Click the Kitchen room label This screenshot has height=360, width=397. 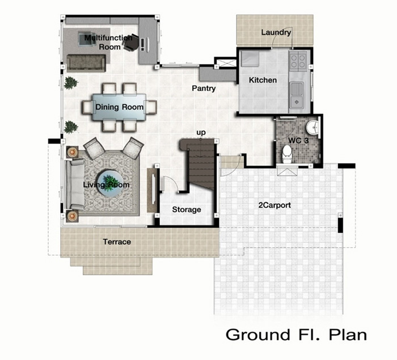tap(263, 81)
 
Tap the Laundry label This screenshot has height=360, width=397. tap(276, 33)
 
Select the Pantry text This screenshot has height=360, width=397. tap(204, 88)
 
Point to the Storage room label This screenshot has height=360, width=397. tap(187, 210)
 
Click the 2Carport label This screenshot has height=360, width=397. tap(274, 205)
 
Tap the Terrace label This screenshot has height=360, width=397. tap(117, 242)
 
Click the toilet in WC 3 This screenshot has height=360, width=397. tap(287, 154)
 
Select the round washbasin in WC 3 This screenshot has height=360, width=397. tap(313, 127)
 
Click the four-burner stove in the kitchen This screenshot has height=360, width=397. tap(298, 61)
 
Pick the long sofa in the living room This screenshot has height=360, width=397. tap(75, 184)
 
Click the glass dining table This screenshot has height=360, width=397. tap(119, 107)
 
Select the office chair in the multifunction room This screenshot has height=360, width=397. tap(130, 43)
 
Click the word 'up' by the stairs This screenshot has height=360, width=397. tap(201, 133)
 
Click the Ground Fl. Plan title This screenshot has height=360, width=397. tap(296, 334)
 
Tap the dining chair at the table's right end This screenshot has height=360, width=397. tap(151, 107)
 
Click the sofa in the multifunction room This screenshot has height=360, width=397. tap(86, 63)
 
